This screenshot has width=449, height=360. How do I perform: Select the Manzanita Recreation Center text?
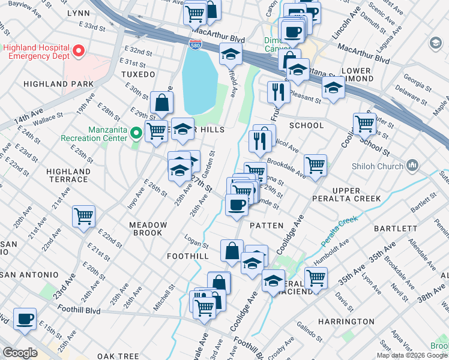click(x=95, y=133)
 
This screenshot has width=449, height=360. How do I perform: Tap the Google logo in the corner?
click(x=19, y=353)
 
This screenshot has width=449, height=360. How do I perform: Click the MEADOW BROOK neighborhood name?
click(x=147, y=228)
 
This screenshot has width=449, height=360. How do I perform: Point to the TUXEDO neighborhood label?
click(x=139, y=74)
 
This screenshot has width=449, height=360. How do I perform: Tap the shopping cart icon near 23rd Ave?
click(x=84, y=216)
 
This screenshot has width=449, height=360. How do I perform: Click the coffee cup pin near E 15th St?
click(x=25, y=319)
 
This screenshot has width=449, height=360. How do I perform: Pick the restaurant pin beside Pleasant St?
click(x=278, y=91)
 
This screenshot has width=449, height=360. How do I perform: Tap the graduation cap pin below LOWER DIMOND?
click(x=333, y=88)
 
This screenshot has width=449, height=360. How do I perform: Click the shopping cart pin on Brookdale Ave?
click(x=315, y=164)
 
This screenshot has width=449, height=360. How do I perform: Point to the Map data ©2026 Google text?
click(x=412, y=355)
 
